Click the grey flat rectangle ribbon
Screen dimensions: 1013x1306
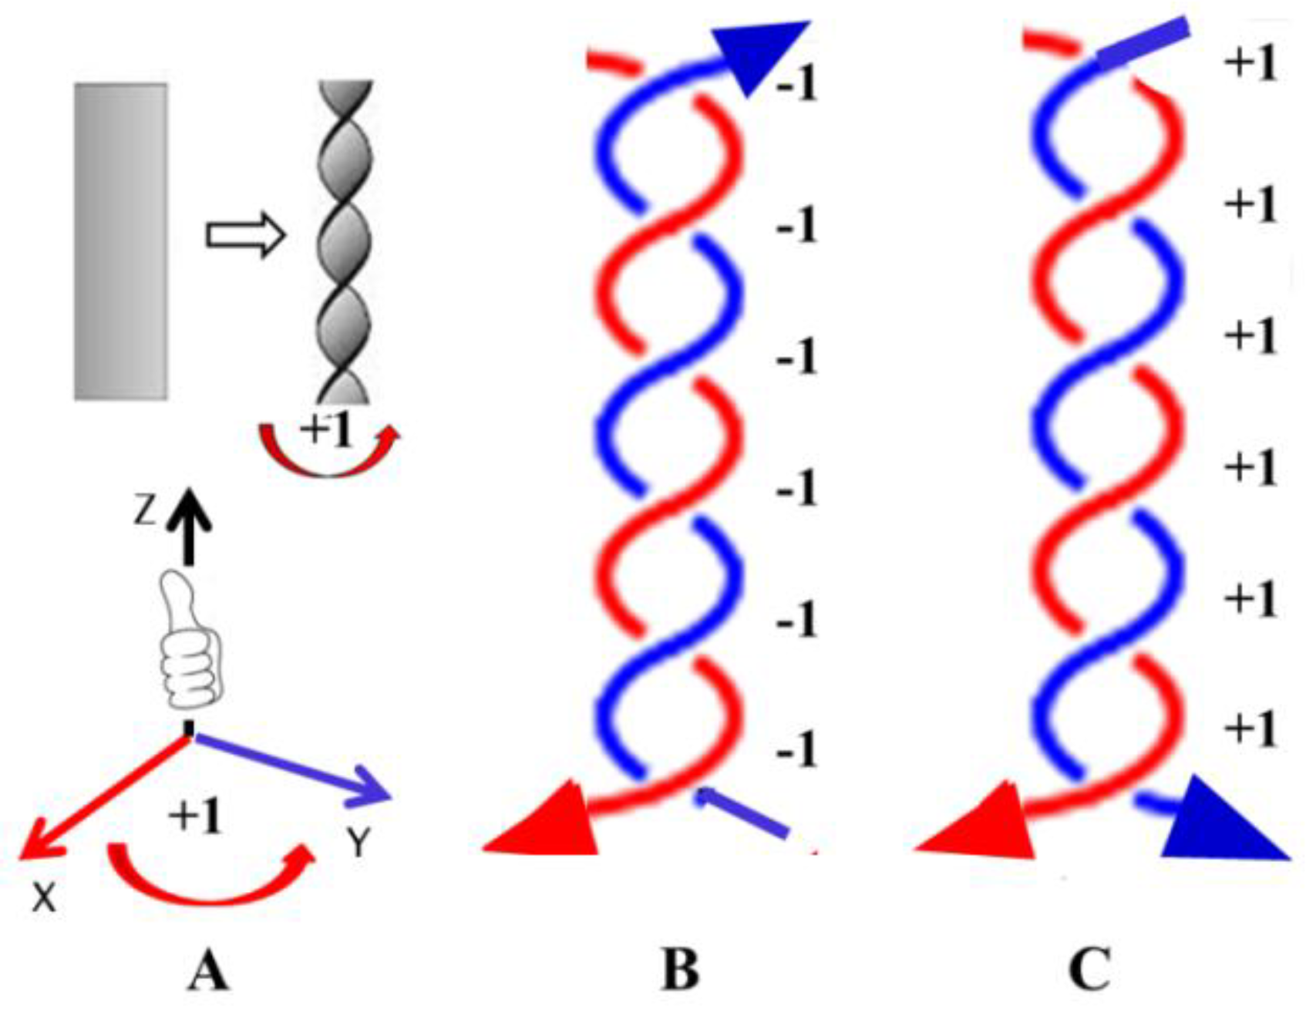(x=120, y=241)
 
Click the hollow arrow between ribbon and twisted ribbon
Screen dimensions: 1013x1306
(x=245, y=236)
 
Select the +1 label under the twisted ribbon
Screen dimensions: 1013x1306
(x=327, y=429)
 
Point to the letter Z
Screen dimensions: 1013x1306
(x=145, y=511)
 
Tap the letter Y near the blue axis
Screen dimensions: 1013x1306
(x=358, y=845)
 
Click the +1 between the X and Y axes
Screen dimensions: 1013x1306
(x=197, y=816)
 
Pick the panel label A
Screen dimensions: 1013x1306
(x=208, y=970)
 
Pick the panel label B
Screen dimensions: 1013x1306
(x=680, y=970)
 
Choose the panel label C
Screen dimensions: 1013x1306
(x=1090, y=970)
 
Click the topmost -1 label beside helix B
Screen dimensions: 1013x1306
(x=796, y=83)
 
